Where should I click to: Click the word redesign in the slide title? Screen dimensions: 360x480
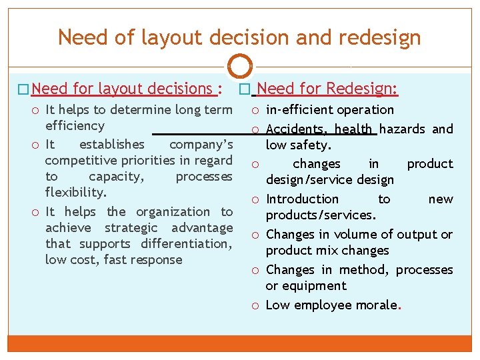point(380,37)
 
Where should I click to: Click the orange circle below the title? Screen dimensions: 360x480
point(240,67)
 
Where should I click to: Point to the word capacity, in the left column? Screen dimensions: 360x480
point(117,177)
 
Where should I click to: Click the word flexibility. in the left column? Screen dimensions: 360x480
point(75,193)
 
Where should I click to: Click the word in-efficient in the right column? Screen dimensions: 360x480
point(297,110)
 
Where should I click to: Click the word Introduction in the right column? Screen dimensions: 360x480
point(302,199)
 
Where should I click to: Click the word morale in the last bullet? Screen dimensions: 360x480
point(375,305)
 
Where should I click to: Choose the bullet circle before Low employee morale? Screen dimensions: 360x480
point(256,305)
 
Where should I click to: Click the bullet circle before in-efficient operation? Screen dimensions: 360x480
point(256,110)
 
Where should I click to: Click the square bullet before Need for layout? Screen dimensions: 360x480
point(25,89)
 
